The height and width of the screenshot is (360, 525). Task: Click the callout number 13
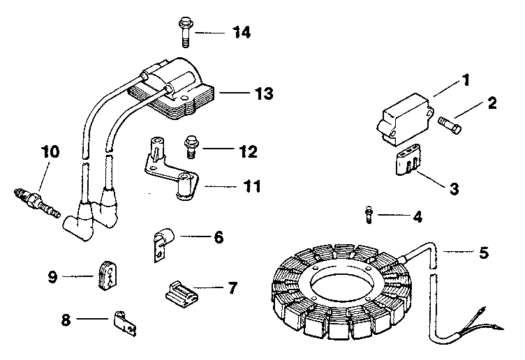point(244,93)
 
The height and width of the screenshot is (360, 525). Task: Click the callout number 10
point(50,151)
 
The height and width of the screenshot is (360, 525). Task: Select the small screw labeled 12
point(188,147)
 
